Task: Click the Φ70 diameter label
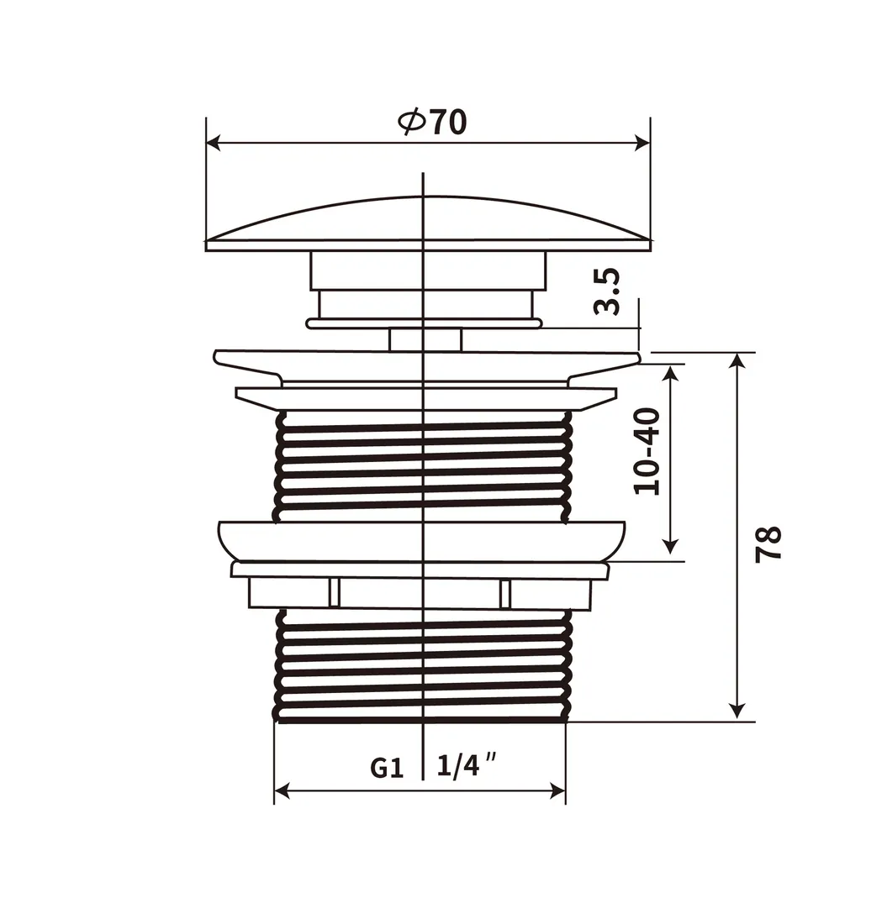point(432,122)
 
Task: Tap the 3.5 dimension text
point(607,291)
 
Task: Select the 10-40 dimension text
point(647,451)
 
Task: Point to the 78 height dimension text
point(768,544)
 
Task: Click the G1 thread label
point(387,768)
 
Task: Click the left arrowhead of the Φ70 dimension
point(214,143)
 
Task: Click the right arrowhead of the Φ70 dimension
point(642,143)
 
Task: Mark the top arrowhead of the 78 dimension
point(736,360)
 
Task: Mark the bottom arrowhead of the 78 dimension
point(736,711)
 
